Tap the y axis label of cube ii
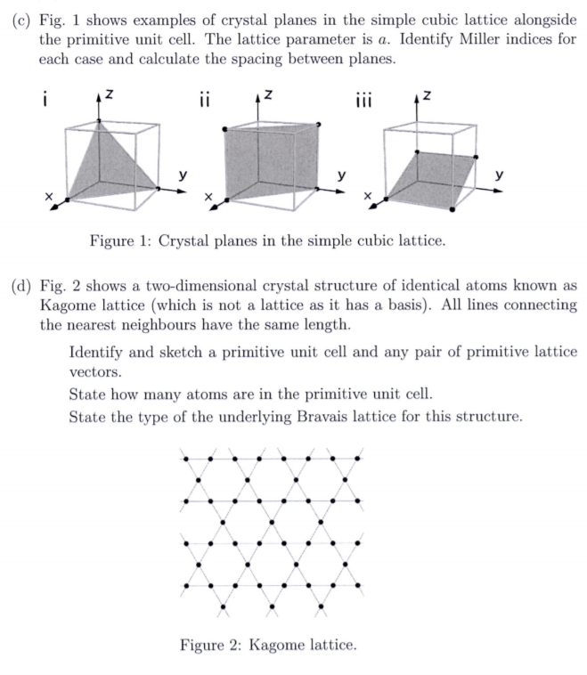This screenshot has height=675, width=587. click(x=342, y=175)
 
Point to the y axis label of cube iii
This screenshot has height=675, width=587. click(x=500, y=175)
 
